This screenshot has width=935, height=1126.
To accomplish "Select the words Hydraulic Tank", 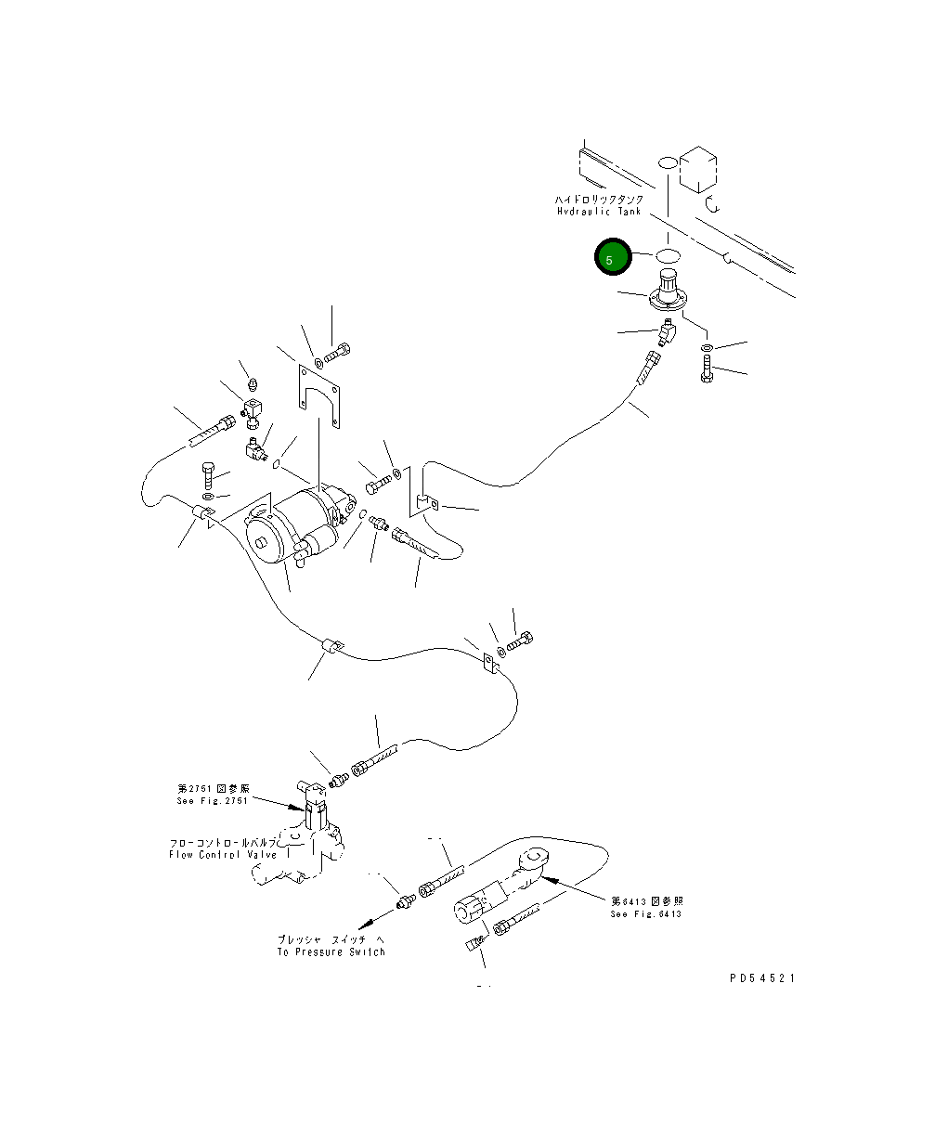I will click(599, 212).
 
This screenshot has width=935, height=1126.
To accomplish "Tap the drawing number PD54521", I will click(762, 978).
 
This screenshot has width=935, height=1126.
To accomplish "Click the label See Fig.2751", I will click(213, 800).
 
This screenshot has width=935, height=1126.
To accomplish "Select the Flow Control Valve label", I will click(223, 854).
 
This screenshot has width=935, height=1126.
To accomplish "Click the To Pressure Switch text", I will click(331, 951).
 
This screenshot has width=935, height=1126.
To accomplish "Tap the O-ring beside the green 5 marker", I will click(669, 254).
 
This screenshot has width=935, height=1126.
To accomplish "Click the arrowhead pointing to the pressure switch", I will click(365, 921).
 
